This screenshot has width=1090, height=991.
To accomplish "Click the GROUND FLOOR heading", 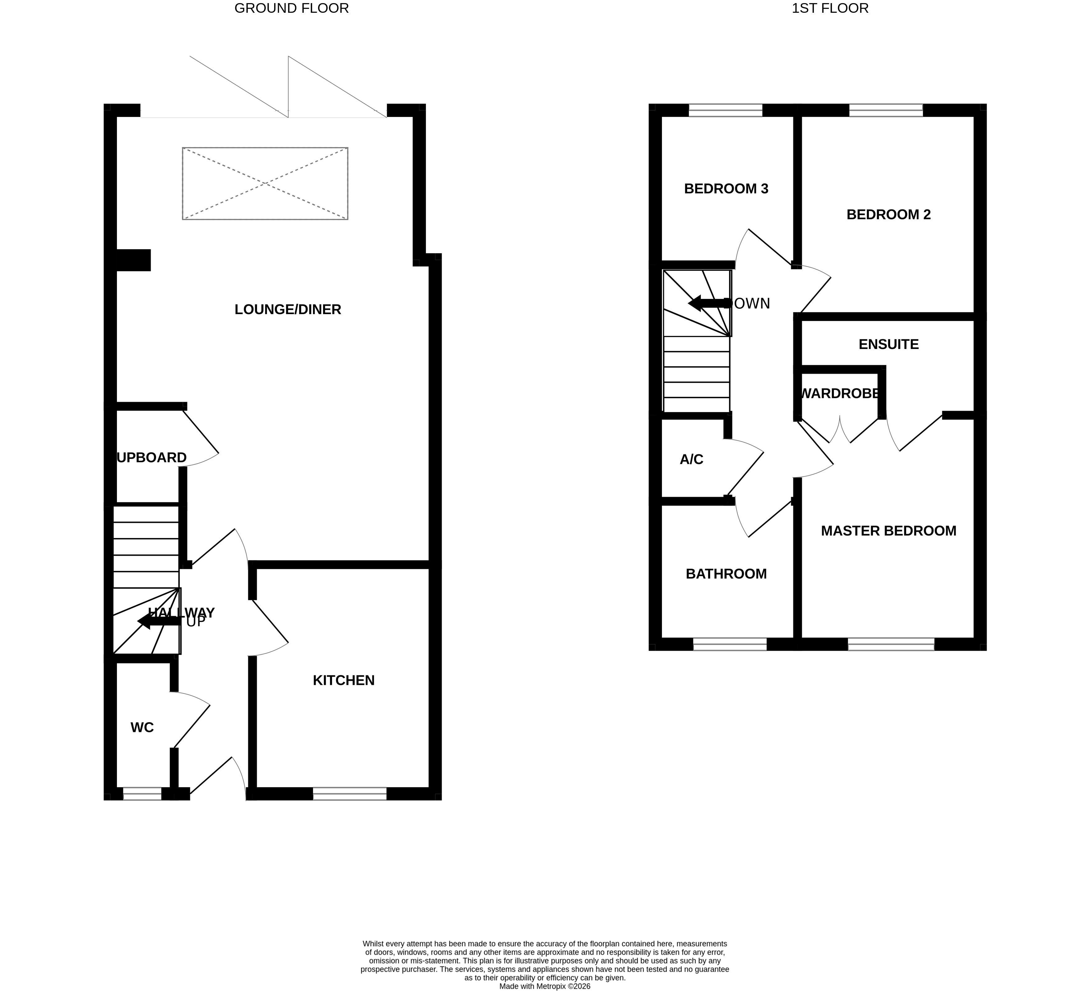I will point(291,8).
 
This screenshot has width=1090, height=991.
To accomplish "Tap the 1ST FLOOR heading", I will point(830,8).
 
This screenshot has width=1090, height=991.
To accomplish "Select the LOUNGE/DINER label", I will point(288,309).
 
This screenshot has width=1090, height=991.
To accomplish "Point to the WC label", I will point(142,728).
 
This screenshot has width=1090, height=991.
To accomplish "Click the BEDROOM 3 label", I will point(726,189).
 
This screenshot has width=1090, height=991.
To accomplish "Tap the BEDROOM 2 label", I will point(888,215).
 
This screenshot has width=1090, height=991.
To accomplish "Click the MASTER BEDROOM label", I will point(888,531).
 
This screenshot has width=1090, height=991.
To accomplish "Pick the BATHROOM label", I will point(726,574).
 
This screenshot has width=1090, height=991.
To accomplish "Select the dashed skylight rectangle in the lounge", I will point(265,184).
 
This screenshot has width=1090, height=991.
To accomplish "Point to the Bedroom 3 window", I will point(726,110).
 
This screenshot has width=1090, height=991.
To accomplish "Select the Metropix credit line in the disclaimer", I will point(544,986).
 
